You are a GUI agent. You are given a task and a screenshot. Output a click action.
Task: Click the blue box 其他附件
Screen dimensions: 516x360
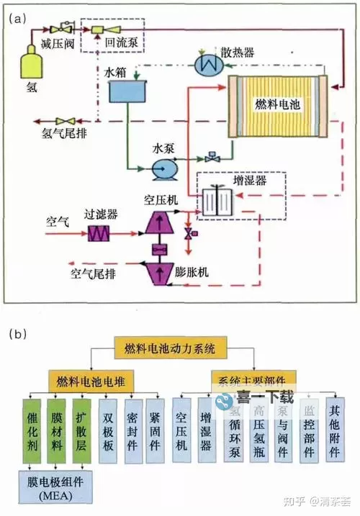click(336, 429)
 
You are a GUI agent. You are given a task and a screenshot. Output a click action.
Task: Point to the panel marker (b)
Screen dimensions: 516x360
click(19, 334)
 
